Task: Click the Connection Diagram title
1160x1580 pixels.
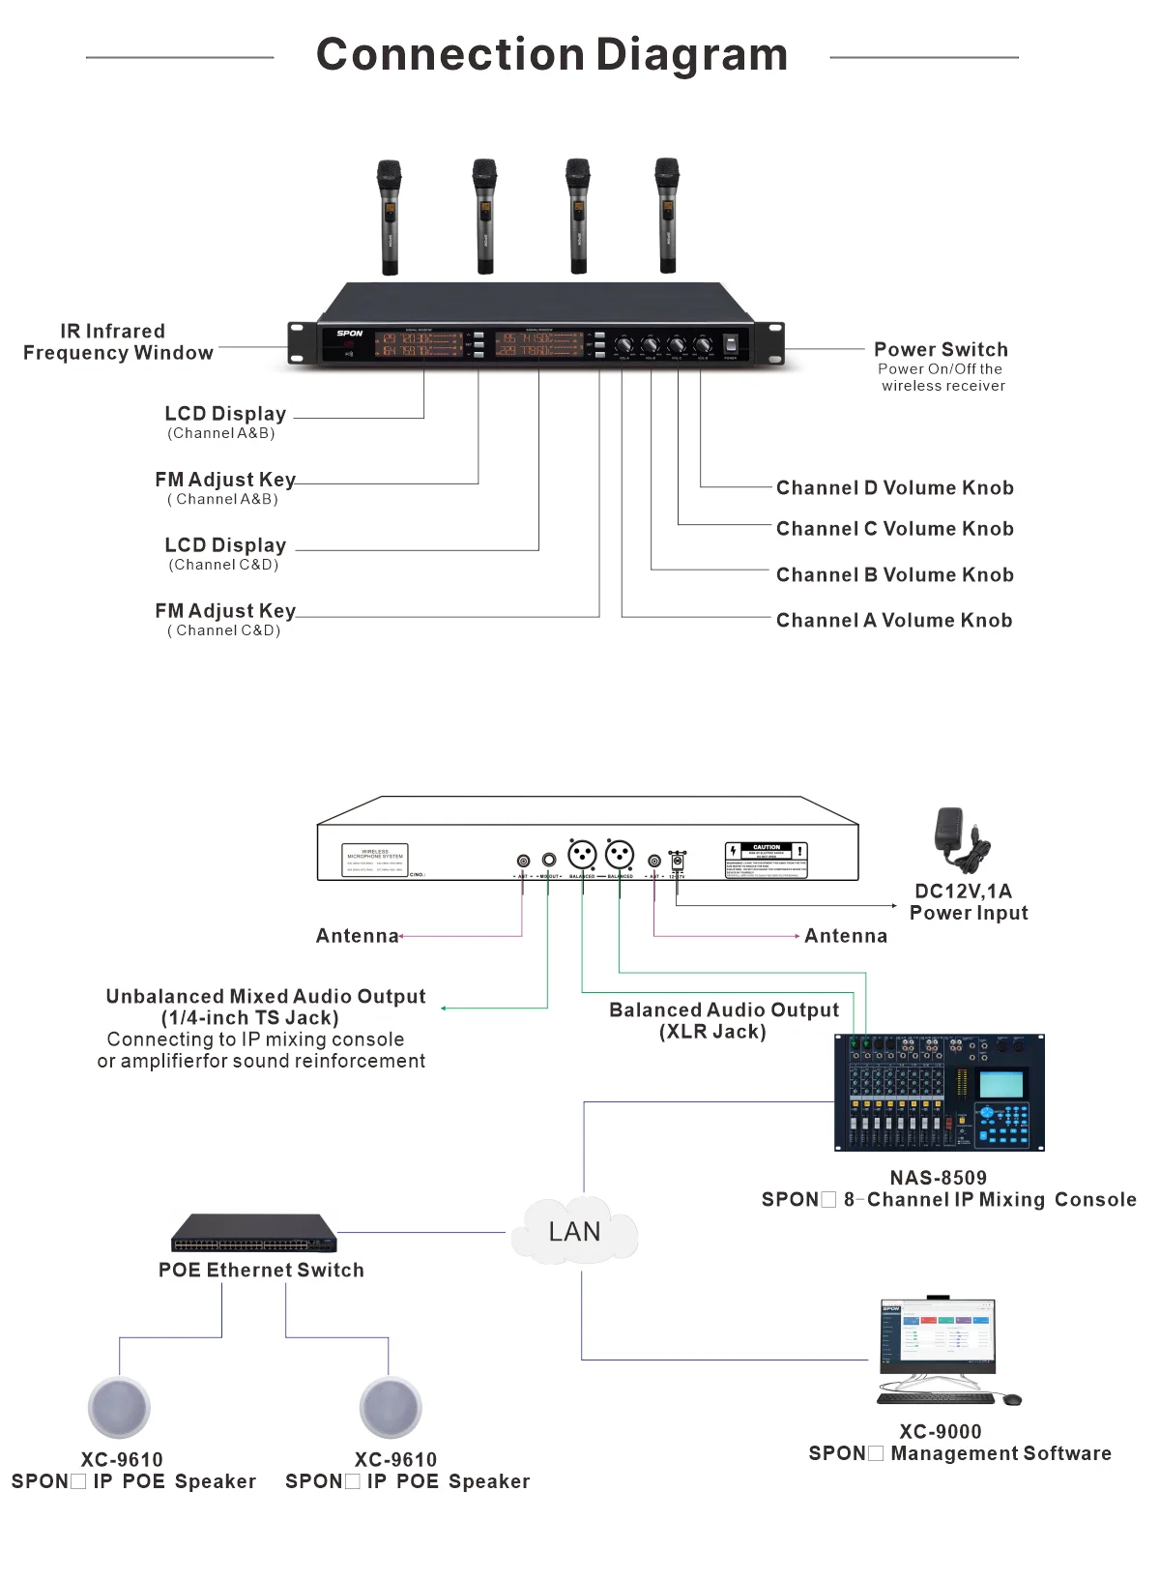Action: click(x=552, y=54)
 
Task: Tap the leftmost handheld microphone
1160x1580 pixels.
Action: click(x=390, y=217)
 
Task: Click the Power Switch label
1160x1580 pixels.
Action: click(x=941, y=350)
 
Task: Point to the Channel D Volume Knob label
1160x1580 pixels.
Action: click(x=894, y=488)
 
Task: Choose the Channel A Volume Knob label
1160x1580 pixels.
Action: click(x=894, y=621)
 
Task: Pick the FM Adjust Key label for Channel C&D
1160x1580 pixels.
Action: click(x=225, y=612)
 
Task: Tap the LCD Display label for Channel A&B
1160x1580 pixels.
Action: click(x=225, y=415)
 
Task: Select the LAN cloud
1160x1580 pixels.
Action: click(x=574, y=1231)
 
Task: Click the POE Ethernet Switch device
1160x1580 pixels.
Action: click(x=254, y=1233)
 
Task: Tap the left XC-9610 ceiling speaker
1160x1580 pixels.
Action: click(x=119, y=1408)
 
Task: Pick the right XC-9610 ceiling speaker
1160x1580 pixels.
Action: click(x=391, y=1408)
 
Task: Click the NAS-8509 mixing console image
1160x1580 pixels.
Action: click(x=939, y=1093)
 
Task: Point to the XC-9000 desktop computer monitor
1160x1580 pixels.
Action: click(x=937, y=1335)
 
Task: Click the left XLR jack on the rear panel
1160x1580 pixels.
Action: click(x=582, y=855)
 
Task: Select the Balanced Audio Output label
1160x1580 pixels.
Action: click(x=724, y=1010)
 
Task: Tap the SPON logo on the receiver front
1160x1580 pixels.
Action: click(x=350, y=334)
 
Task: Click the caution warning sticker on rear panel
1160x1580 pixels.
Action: click(x=766, y=860)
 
